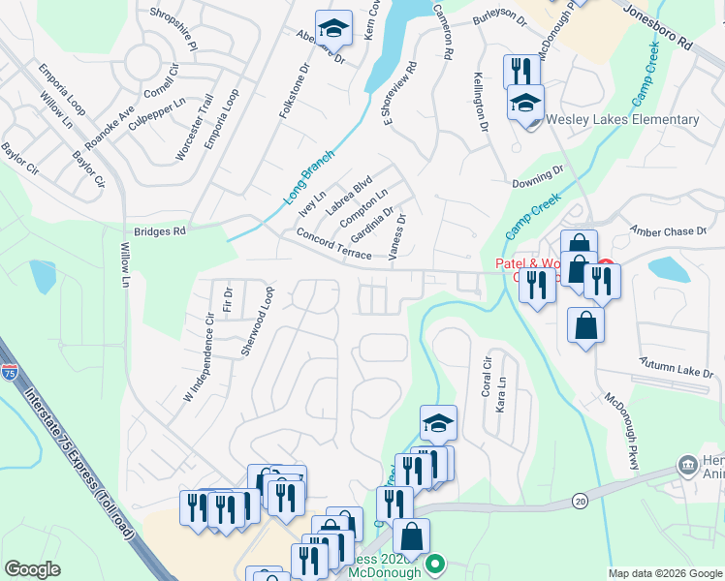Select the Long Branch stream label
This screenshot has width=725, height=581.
309,175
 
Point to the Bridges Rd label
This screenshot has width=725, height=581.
159,232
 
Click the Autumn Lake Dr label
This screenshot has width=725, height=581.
676,368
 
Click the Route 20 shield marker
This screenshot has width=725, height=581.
580,500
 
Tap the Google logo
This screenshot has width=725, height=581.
33,569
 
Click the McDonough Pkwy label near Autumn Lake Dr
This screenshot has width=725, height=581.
620,430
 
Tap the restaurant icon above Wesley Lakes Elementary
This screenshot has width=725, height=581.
520,71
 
